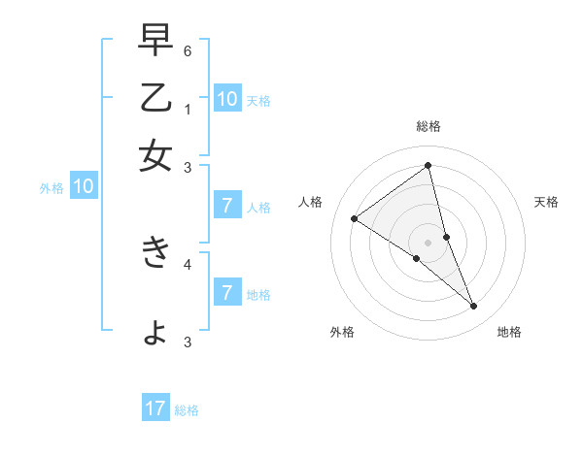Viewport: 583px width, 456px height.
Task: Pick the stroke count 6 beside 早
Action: (188, 49)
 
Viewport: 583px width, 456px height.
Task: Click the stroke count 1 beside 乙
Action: (188, 109)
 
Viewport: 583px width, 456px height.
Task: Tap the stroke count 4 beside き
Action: (188, 263)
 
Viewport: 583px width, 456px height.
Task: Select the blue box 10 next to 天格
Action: (227, 98)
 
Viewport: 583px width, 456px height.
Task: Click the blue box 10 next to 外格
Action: (84, 187)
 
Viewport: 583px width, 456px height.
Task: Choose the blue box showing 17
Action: (155, 408)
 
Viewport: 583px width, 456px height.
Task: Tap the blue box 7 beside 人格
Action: (227, 206)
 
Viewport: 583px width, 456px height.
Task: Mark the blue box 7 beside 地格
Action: (227, 293)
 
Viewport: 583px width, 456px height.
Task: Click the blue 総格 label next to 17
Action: (187, 410)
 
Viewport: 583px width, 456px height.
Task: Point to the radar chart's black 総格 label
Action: (428, 126)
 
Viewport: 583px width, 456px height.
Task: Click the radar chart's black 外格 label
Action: (342, 332)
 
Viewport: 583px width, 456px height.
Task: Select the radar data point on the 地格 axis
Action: (474, 307)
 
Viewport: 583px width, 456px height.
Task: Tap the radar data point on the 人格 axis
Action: (354, 219)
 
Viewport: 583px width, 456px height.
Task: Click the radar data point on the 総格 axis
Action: (428, 166)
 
